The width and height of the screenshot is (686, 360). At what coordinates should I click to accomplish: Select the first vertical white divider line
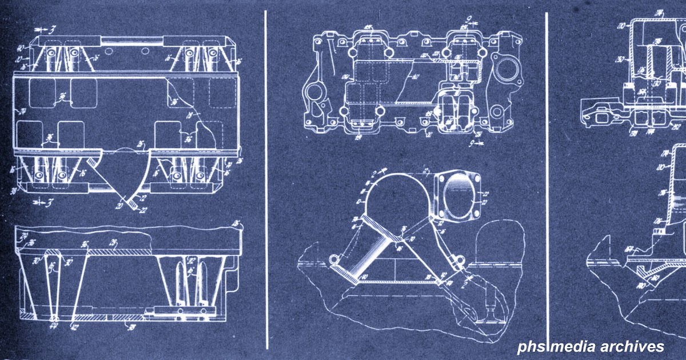[266, 180]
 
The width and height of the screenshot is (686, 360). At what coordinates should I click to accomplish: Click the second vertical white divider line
[547, 180]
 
